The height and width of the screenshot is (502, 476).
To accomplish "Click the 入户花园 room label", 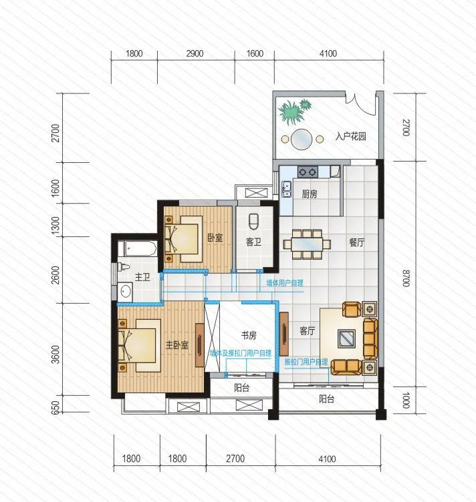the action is click(351, 136).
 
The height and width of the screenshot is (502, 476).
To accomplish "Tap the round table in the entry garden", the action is click(302, 140).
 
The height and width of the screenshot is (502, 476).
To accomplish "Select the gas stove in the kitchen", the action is click(308, 172).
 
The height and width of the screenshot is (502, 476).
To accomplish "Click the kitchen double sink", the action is click(286, 189).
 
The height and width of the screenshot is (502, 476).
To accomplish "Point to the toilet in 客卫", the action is click(254, 221).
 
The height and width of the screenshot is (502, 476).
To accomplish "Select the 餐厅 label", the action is click(357, 242).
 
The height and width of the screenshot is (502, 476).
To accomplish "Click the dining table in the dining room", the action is click(307, 244).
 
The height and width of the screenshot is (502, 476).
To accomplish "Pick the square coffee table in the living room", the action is click(346, 338).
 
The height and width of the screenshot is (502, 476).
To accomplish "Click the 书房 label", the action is click(249, 335).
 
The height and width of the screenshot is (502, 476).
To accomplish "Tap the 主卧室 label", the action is click(177, 345).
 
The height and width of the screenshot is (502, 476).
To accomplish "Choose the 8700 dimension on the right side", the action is click(406, 278).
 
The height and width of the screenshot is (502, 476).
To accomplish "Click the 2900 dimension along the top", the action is click(195, 53).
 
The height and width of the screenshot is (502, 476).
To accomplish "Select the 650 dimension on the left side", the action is click(55, 408).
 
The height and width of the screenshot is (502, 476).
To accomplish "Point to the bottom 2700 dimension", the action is click(235, 459).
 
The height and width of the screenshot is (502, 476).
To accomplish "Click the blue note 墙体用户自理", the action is click(285, 283).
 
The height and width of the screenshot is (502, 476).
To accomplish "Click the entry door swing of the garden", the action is click(360, 103).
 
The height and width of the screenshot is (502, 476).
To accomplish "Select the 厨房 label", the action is click(310, 194).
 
